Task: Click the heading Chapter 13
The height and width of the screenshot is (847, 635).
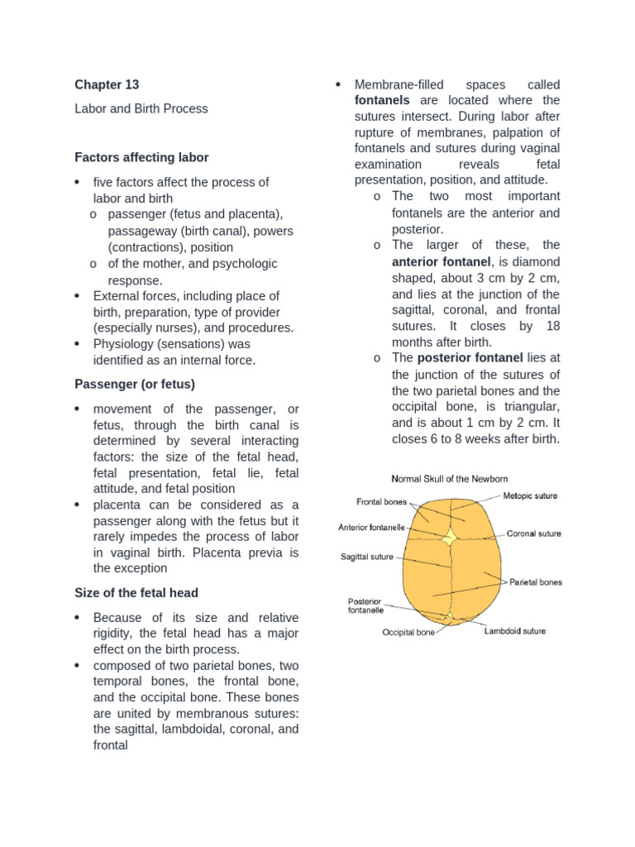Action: [107, 84]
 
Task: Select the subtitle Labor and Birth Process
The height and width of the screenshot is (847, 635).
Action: [141, 108]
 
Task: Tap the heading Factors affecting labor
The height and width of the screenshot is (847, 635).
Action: [141, 157]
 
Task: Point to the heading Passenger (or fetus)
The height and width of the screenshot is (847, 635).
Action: [135, 384]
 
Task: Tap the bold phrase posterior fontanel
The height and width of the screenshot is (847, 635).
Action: [470, 358]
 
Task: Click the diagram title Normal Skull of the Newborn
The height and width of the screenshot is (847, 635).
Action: [449, 479]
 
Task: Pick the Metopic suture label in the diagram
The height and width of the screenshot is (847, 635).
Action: [530, 496]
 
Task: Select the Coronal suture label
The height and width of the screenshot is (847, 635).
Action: [533, 534]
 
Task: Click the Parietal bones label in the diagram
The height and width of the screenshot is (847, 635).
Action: [535, 582]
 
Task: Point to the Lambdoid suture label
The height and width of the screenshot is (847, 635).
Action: [514, 631]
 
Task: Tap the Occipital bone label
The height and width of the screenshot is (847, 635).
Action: [408, 633]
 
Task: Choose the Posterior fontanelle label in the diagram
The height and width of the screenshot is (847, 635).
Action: [365, 606]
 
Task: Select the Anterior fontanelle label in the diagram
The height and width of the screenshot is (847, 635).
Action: [372, 527]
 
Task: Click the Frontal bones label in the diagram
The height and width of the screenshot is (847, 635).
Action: [380, 501]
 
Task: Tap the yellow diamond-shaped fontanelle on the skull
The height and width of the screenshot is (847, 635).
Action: [449, 538]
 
